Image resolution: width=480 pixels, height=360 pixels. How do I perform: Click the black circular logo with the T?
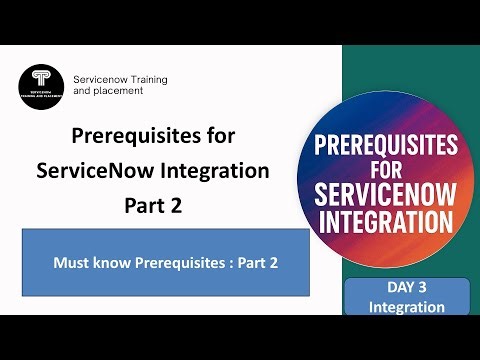click(x=41, y=85)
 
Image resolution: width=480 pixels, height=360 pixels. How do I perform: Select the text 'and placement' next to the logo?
click(x=109, y=90)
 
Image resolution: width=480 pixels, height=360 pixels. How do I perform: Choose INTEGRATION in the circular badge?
click(x=406, y=218)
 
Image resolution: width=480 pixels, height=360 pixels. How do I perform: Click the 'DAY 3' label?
click(x=406, y=290)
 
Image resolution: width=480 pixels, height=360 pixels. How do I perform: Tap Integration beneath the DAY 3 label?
click(x=406, y=307)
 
